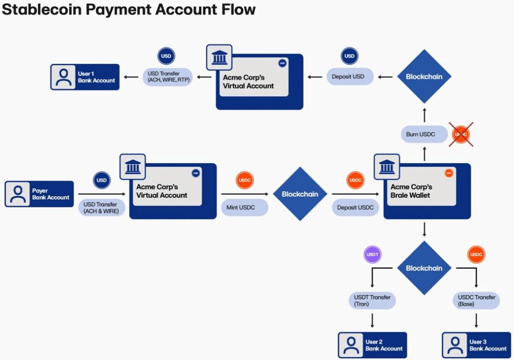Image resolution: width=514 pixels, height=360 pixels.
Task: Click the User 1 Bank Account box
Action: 85,77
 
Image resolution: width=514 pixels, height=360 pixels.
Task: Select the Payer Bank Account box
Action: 39,194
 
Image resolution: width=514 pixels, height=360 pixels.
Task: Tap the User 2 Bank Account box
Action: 372,345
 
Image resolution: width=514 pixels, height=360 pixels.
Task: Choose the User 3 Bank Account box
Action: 476,345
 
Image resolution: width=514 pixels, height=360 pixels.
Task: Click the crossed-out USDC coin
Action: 461,135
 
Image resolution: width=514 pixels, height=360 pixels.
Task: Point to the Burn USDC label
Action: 421,135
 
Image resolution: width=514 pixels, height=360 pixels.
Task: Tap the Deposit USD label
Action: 348,77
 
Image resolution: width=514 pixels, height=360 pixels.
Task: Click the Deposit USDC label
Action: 355,207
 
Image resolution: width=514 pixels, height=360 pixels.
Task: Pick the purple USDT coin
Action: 372,255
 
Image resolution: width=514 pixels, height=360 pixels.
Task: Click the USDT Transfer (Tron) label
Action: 372,301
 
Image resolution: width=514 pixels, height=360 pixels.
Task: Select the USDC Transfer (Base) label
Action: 476,301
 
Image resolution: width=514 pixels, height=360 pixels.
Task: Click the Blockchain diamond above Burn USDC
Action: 424,77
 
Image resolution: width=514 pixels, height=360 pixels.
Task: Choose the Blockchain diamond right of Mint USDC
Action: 300,194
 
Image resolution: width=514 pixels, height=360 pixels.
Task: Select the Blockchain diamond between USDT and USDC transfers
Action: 424,268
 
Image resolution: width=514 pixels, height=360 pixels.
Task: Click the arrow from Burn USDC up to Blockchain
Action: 424,114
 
